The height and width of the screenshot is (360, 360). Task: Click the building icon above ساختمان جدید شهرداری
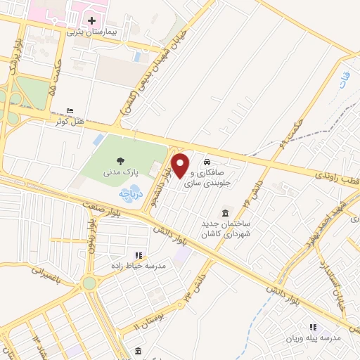[x=225, y=213]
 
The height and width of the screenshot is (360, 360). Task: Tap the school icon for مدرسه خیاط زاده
[x=138, y=255]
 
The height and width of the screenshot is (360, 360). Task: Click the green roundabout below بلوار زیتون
[x=89, y=283]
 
